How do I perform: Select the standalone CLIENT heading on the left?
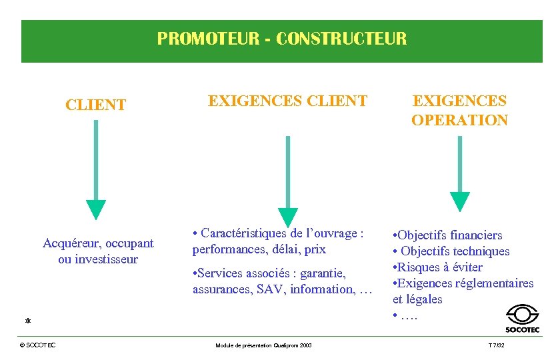tap(95, 105)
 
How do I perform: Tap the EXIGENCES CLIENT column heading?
tap(287, 101)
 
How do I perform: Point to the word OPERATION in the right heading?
tap(459, 121)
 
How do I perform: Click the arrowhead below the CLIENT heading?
tap(96, 209)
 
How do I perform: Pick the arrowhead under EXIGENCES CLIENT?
tap(287, 217)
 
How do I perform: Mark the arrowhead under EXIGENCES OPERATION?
tap(460, 201)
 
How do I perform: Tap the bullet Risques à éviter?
tap(440, 267)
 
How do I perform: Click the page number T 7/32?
tap(497, 345)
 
